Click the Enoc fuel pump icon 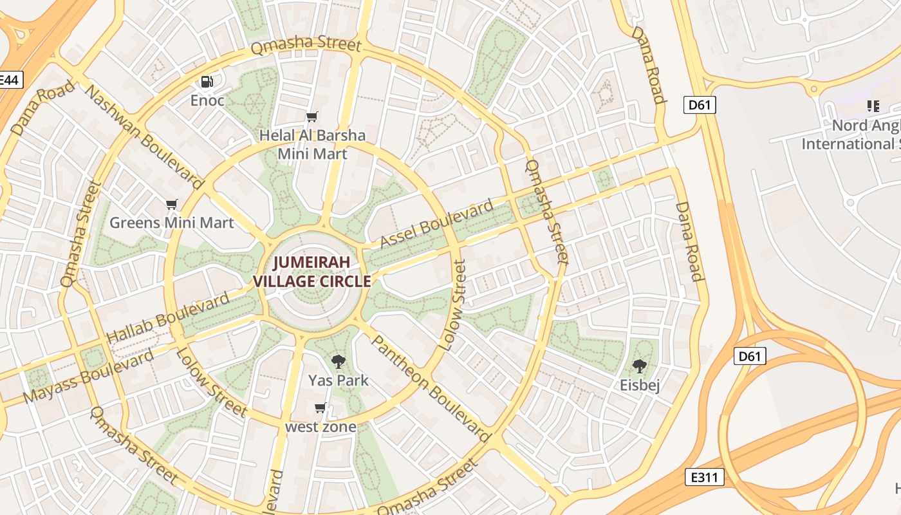[x=207, y=82]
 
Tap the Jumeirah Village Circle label [x=312, y=272]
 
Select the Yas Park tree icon [x=338, y=362]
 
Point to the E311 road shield [x=705, y=477]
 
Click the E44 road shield [x=10, y=80]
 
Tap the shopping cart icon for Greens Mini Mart [x=171, y=205]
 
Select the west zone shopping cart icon [x=320, y=408]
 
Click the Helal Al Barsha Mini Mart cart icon [x=312, y=117]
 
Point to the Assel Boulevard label [x=437, y=224]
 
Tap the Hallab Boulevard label [x=168, y=317]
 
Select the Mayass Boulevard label [x=88, y=377]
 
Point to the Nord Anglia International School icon [x=873, y=106]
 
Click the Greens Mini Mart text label [x=172, y=223]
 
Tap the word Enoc [x=207, y=100]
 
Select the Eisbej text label [x=640, y=386]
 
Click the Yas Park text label [x=339, y=380]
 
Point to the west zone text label [x=320, y=427]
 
